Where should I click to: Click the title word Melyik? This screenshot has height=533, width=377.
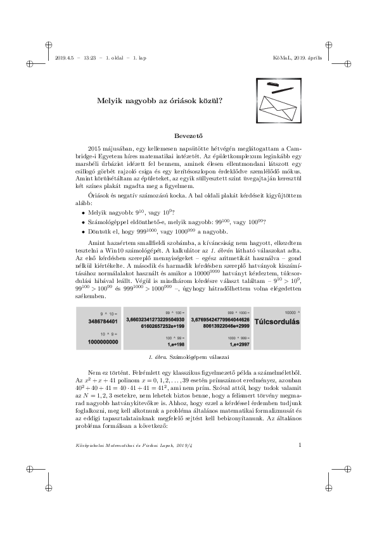(x=107, y=100)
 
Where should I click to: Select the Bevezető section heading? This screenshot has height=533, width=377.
(x=188, y=135)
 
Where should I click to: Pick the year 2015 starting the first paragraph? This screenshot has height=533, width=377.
(x=96, y=147)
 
